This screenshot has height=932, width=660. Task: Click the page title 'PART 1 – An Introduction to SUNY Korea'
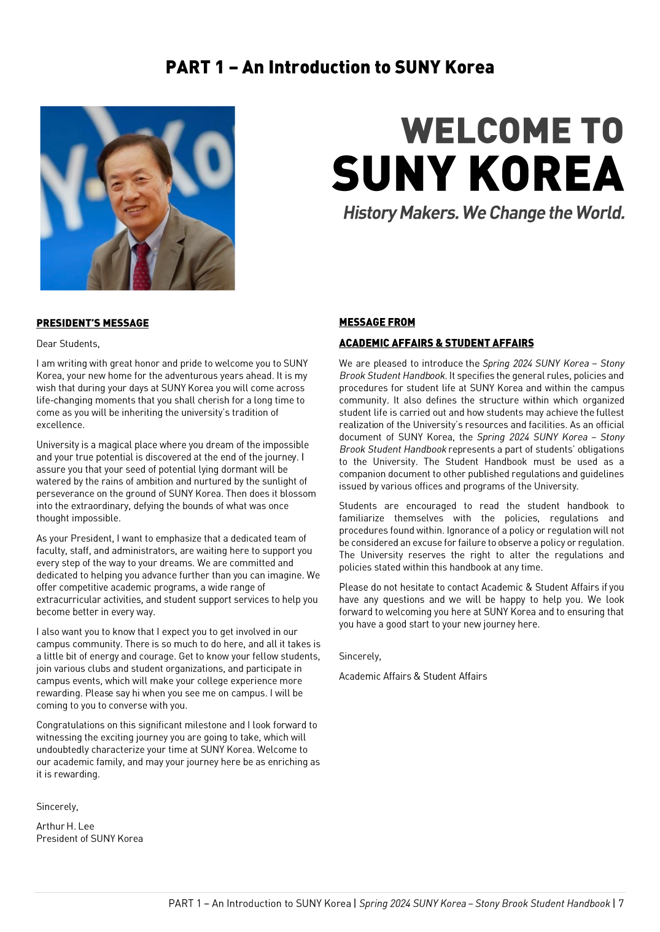(x=330, y=67)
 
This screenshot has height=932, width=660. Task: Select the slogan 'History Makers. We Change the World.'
(x=484, y=213)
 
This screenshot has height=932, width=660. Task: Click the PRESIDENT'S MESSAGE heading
(x=92, y=323)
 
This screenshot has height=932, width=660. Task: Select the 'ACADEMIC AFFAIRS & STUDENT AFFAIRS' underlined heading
(x=436, y=343)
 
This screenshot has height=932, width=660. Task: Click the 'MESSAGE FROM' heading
(x=377, y=322)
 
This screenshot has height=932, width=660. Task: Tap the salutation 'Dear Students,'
(x=68, y=344)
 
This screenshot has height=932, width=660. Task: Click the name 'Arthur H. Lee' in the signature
(x=65, y=826)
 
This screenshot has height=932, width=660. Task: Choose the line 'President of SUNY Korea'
(x=90, y=839)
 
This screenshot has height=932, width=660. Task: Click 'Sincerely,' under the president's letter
(x=57, y=807)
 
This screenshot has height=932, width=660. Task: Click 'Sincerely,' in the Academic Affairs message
(x=360, y=656)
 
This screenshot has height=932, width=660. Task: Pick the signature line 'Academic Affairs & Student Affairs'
(x=413, y=676)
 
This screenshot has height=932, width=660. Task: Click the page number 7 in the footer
(x=621, y=903)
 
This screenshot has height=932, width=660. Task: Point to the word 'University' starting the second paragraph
(x=58, y=445)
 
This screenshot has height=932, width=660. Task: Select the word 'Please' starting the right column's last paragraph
(x=354, y=588)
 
